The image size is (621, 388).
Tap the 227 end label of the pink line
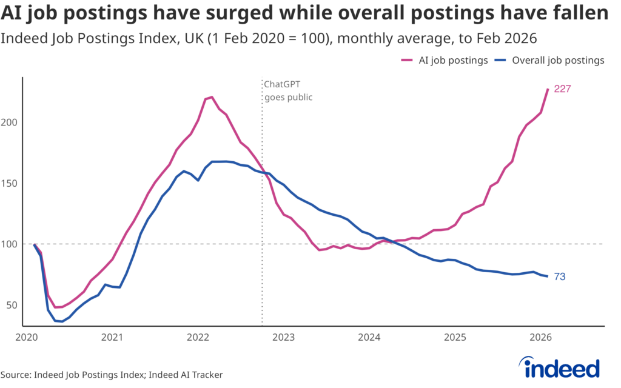(563, 89)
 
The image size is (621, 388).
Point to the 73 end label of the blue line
(560, 277)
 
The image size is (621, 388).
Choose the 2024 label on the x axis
(369, 336)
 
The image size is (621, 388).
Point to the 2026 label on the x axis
(540, 336)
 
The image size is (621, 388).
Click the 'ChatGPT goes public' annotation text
(288, 90)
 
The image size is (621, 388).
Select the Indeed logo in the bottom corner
(561, 368)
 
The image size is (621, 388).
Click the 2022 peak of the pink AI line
(211, 97)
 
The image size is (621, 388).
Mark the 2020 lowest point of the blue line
(62, 321)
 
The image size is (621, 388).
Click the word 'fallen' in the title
(581, 13)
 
